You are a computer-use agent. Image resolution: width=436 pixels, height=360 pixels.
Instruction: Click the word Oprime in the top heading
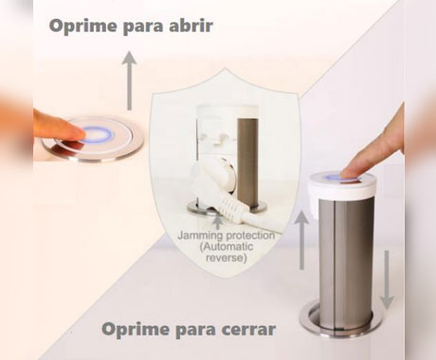tap(82, 27)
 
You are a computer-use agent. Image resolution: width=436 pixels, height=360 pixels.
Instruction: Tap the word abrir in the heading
tap(191, 26)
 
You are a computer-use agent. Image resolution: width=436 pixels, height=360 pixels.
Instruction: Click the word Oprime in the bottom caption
tap(136, 330)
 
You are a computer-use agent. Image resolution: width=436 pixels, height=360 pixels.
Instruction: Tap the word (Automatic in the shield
tap(227, 246)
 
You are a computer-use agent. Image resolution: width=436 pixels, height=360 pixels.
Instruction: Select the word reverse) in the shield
tap(227, 258)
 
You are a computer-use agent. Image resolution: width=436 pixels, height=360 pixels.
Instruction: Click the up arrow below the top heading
tap(129, 81)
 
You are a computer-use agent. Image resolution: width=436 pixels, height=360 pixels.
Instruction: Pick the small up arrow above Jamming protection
tap(217, 222)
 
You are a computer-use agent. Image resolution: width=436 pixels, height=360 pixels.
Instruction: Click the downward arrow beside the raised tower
tap(387, 279)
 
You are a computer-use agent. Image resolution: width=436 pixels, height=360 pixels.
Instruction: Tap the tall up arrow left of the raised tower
tap(301, 241)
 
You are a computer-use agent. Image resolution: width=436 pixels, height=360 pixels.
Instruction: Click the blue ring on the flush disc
tap(98, 135)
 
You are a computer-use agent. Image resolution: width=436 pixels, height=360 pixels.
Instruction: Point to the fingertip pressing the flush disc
tap(78, 135)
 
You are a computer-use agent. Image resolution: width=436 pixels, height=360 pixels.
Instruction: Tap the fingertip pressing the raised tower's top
tap(351, 173)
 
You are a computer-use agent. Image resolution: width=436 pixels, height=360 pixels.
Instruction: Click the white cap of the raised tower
tap(343, 188)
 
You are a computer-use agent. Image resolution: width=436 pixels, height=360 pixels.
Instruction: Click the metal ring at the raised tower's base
tap(341, 320)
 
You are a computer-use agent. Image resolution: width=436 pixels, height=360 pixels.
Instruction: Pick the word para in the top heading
tap(143, 27)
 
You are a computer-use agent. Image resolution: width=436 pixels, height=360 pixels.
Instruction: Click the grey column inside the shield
tap(247, 162)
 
